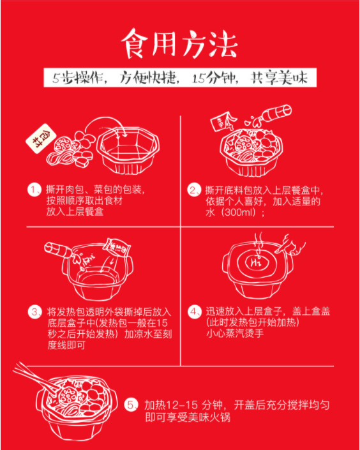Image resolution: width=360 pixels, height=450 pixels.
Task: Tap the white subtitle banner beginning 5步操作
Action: click(180, 78)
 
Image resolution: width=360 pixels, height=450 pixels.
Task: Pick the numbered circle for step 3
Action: click(33, 312)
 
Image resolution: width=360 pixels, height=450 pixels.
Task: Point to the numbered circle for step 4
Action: click(193, 312)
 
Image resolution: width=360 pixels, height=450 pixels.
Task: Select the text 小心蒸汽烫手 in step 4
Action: click(235, 334)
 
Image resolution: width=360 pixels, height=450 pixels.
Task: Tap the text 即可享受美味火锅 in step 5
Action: click(188, 417)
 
